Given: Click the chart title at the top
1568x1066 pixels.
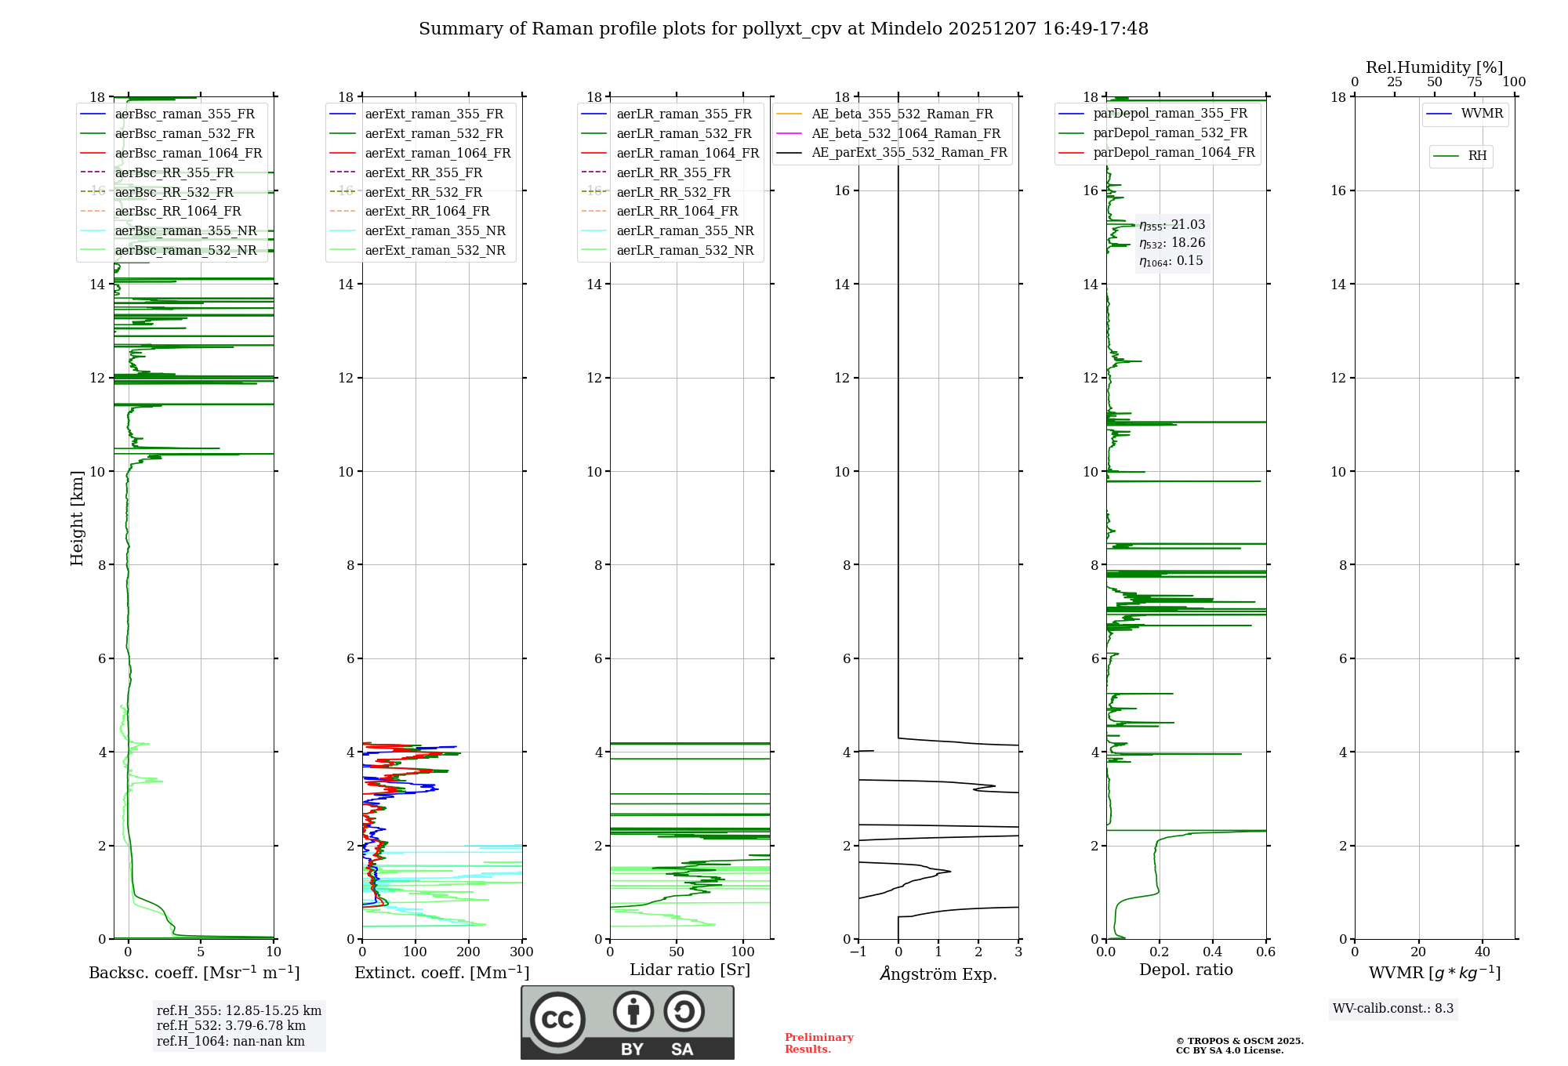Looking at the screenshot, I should coord(783,29).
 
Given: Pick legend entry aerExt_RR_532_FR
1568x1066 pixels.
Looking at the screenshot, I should coord(423,192).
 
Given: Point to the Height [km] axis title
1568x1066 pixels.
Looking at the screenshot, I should coord(77,518).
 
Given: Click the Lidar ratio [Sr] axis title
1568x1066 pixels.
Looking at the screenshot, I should coord(690,970).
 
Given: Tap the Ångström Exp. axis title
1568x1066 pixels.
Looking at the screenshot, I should coord(938,974).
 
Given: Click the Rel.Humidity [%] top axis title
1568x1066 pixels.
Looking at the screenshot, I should coord(1434,67).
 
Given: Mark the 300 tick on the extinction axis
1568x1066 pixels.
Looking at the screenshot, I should coord(521,952).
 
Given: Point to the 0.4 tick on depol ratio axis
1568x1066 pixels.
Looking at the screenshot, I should coord(1212,952).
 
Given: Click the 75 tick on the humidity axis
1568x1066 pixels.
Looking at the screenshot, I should coord(1475,82).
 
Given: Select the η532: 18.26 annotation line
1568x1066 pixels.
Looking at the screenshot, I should coord(1172,243).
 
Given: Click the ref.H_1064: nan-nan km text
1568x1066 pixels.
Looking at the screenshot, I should coord(230,1041).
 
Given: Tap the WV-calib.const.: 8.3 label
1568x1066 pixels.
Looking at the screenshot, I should coord(1393,1008).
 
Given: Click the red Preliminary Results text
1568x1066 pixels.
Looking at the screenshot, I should coord(818,1043).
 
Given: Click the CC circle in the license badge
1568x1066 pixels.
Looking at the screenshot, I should coord(557,1020).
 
